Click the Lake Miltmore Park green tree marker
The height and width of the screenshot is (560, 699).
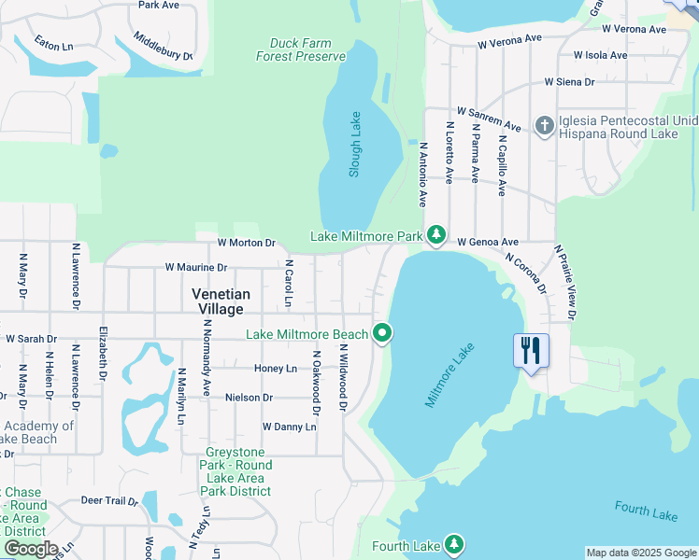click(x=435, y=234)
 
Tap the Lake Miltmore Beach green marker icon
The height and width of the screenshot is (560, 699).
click(x=381, y=332)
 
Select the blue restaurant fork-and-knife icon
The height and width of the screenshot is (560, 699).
click(x=531, y=351)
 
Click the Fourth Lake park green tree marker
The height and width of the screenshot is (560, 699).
click(x=453, y=543)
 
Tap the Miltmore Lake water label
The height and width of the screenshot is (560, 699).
click(x=450, y=374)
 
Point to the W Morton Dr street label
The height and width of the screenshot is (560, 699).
click(x=246, y=243)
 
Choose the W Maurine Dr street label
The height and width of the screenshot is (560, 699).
click(x=196, y=267)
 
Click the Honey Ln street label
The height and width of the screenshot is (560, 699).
click(x=276, y=369)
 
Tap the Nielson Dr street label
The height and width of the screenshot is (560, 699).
click(x=249, y=398)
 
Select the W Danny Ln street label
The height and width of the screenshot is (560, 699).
click(x=289, y=427)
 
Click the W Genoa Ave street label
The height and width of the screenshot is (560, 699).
click(x=488, y=242)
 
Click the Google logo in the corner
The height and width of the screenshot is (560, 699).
click(x=31, y=549)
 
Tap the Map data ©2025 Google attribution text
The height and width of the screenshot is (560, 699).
click(x=641, y=553)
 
